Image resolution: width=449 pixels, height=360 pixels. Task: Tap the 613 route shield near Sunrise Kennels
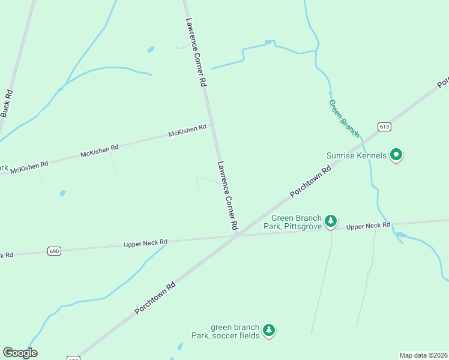[x=385, y=127]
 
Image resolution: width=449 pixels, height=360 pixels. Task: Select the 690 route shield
[x=55, y=251]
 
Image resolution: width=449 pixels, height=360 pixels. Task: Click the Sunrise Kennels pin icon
[x=396, y=155]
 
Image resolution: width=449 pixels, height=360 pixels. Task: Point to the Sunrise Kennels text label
[x=357, y=155]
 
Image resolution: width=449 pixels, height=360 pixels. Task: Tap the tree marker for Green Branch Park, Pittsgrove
[x=330, y=222]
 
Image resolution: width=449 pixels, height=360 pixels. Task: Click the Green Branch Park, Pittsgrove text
[x=297, y=223]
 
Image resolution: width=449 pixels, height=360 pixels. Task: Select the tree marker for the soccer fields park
[x=269, y=331]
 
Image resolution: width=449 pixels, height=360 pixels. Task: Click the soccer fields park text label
[x=235, y=331]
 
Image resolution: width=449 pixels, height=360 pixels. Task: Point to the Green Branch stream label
[x=344, y=119]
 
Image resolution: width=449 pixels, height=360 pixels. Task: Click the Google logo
[x=20, y=353]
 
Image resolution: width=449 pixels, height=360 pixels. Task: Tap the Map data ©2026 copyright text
[x=423, y=355]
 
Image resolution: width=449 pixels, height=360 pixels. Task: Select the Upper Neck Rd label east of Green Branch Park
[x=368, y=226]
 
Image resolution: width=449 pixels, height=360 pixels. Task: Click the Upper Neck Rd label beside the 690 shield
[x=145, y=243]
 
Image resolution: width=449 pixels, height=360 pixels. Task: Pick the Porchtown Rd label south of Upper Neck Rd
[x=155, y=298]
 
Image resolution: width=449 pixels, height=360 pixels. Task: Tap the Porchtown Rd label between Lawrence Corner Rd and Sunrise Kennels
[x=310, y=182]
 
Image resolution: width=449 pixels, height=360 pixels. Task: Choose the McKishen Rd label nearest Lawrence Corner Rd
[x=187, y=130]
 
